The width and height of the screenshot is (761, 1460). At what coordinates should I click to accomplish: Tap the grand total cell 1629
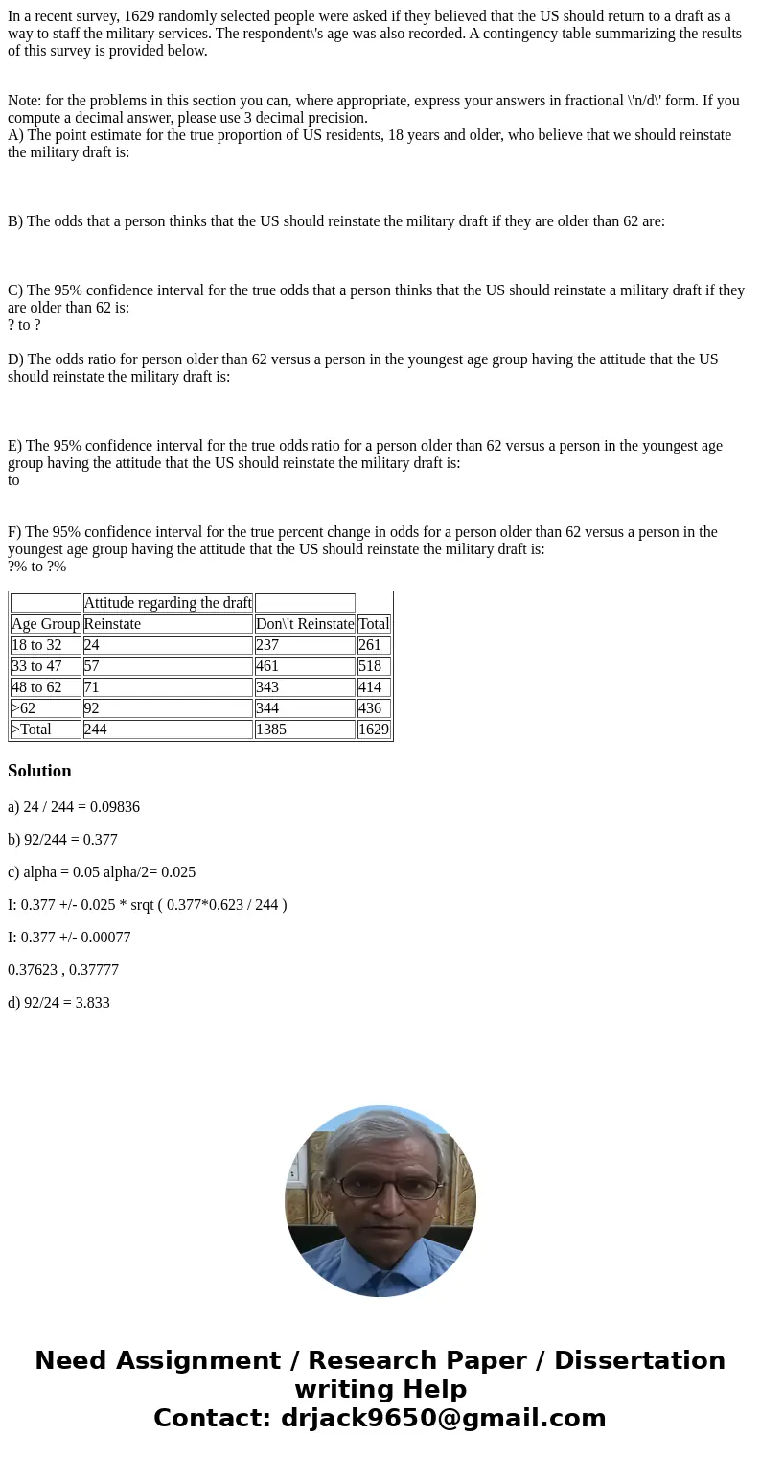[374, 730]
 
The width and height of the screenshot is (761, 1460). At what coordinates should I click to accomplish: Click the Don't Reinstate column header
[305, 624]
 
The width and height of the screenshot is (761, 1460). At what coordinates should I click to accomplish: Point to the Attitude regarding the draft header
[168, 603]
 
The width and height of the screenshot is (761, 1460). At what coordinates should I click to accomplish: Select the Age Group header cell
[46, 624]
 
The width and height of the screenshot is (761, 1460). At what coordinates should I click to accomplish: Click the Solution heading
[39, 771]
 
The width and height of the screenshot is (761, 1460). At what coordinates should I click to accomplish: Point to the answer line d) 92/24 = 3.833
[58, 1003]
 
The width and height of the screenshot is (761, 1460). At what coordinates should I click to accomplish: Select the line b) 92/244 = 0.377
[62, 840]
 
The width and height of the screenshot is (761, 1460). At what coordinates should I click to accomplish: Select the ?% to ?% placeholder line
[37, 567]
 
